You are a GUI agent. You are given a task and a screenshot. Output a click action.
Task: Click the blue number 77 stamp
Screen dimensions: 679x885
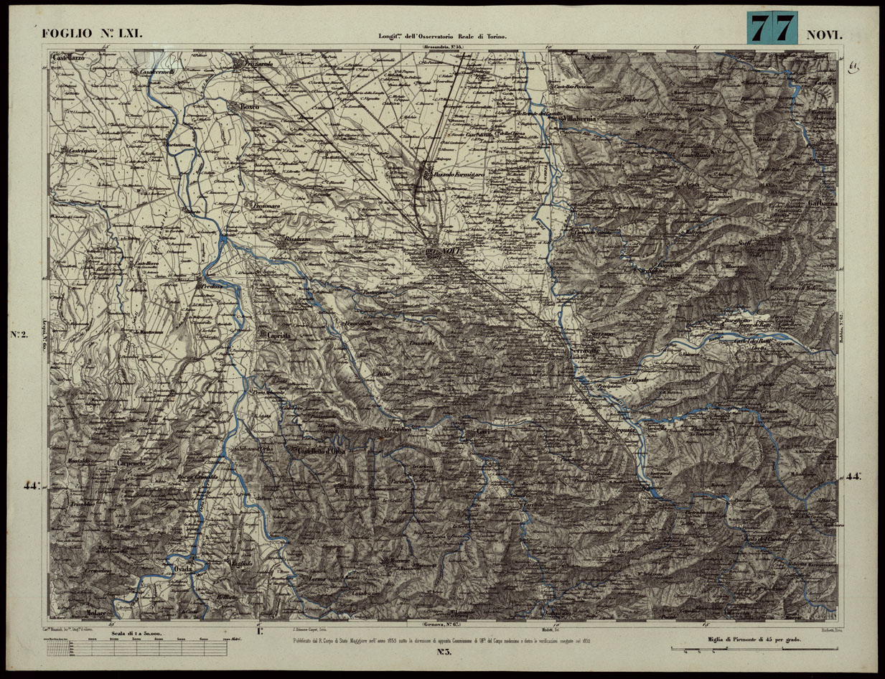(773, 29)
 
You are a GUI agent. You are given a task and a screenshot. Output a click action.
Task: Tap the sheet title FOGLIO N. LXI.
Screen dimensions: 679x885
(94, 34)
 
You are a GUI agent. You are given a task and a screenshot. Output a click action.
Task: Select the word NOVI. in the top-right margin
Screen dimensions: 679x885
(827, 34)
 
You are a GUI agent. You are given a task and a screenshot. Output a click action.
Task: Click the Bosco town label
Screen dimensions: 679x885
(248, 107)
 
